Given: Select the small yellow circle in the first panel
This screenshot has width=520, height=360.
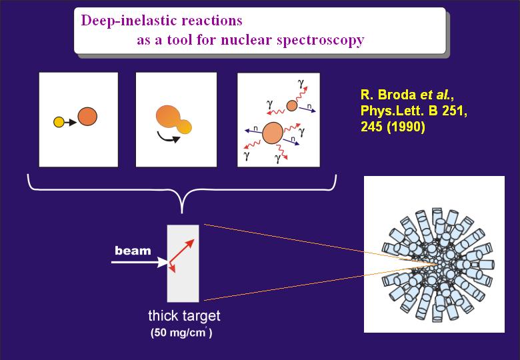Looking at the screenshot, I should (59, 122).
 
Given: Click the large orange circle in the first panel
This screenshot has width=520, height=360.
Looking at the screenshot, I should (87, 117).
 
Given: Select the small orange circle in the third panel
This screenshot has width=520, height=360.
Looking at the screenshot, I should (291, 105).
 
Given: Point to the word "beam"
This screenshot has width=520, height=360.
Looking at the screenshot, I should (133, 251).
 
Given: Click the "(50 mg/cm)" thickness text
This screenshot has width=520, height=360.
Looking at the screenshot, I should (181, 333).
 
